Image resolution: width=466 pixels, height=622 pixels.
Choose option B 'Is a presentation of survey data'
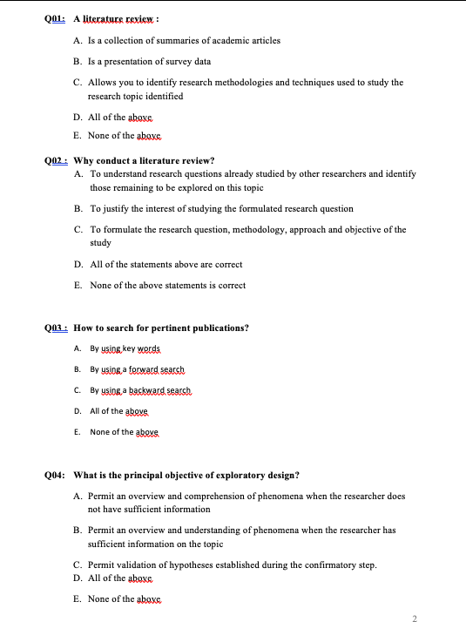click(149, 61)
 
